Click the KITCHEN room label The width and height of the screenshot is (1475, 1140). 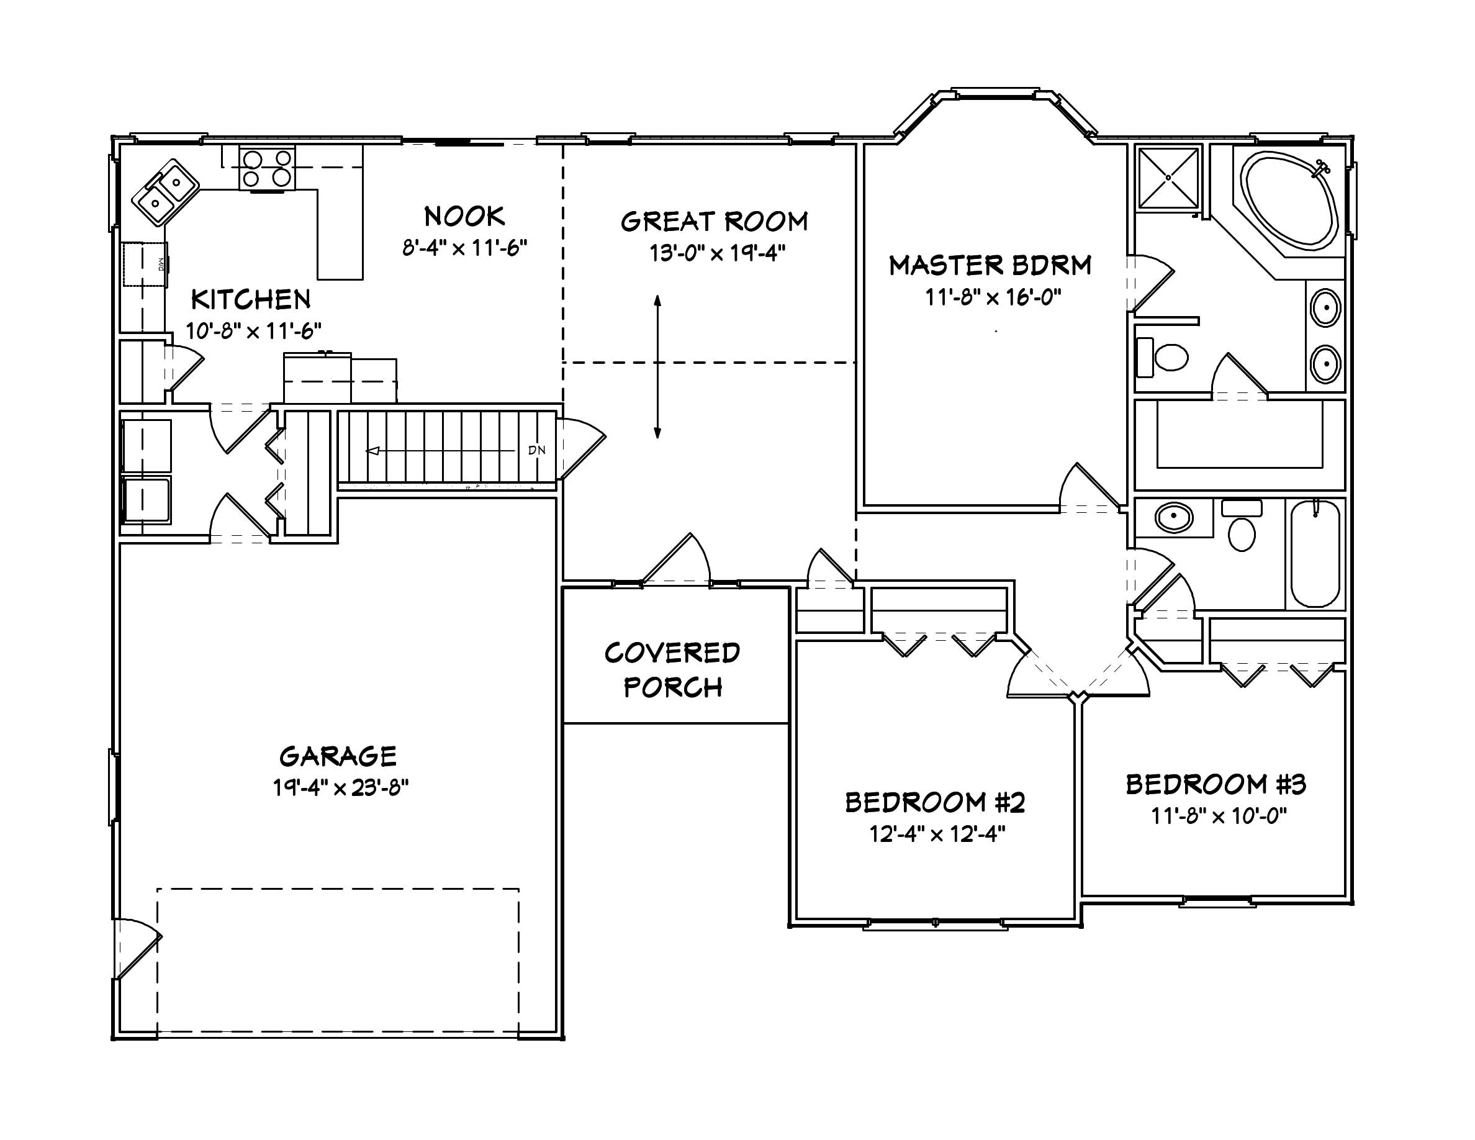[x=251, y=299]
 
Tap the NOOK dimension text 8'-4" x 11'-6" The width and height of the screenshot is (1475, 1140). [x=464, y=248]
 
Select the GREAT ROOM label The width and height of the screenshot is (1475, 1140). [x=714, y=222]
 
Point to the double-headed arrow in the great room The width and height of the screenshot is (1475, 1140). [x=657, y=367]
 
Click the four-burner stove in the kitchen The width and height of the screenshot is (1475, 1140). [x=268, y=168]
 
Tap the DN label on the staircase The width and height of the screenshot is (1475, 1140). [x=537, y=450]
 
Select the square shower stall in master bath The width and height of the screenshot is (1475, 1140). [x=1168, y=177]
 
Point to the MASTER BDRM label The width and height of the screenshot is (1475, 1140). [x=990, y=265]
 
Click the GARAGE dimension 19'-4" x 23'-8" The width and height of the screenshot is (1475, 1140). [x=340, y=787]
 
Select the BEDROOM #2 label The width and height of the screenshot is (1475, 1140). [x=935, y=802]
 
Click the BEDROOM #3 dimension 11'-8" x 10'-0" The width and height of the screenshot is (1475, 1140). [x=1219, y=817]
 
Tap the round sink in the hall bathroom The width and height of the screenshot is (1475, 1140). [x=1174, y=518]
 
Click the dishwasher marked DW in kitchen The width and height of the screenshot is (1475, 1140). [x=145, y=264]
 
